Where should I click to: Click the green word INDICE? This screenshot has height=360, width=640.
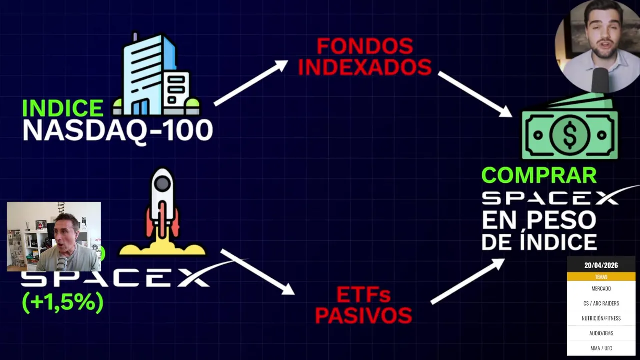[x=63, y=108]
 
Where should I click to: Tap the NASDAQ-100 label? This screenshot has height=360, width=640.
[x=117, y=131]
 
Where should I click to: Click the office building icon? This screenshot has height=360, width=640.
[x=156, y=74]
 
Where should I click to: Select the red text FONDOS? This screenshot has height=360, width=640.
[x=365, y=46]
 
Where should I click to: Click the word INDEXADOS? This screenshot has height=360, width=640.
[x=365, y=67]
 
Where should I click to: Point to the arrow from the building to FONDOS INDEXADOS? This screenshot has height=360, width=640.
[x=251, y=83]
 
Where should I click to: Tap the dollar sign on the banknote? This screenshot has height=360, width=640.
[x=570, y=135]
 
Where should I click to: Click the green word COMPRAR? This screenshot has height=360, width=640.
[x=539, y=175]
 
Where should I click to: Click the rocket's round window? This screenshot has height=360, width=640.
[x=162, y=183]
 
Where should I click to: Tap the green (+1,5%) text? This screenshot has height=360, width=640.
[x=63, y=302]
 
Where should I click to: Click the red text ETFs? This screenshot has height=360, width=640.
[x=363, y=295]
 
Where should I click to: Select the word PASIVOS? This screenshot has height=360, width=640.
[x=363, y=315]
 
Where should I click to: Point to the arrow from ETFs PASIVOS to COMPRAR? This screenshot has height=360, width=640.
[x=468, y=281]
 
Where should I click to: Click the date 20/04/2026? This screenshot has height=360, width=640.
[x=601, y=265]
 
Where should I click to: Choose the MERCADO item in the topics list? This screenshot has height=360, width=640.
[x=601, y=289]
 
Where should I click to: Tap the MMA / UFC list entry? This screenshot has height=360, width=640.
[x=601, y=348]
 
